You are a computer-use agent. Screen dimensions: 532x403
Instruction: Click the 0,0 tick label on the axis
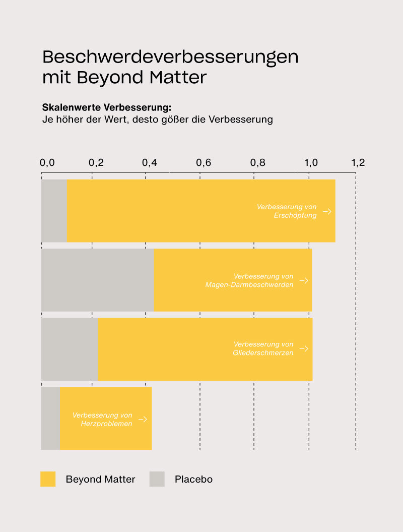[x=47, y=163]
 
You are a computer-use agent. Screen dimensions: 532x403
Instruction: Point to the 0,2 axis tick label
[x=96, y=163]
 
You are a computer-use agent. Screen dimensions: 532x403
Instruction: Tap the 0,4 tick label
[x=150, y=163]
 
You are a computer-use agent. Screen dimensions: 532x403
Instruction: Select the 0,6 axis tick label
[x=204, y=163]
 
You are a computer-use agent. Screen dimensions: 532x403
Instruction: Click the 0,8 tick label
[x=257, y=163]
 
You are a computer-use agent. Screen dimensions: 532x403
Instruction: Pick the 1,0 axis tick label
[x=311, y=163]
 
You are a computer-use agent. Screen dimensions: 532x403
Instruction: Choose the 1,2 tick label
[x=358, y=163]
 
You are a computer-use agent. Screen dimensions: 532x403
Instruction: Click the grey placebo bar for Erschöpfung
[x=54, y=211]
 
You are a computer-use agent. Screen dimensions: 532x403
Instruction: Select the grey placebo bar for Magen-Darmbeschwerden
[x=97, y=280]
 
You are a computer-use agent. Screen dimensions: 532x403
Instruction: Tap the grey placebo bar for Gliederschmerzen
[x=69, y=349]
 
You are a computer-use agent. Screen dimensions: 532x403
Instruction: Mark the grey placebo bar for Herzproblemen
[x=50, y=418]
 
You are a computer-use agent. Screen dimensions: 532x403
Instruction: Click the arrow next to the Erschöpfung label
[x=327, y=211]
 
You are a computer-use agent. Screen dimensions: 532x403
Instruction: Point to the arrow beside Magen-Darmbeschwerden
[x=304, y=280]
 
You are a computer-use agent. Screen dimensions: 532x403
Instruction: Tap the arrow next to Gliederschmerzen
[x=304, y=349]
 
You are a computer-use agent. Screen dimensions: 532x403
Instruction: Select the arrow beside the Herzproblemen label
[x=143, y=419]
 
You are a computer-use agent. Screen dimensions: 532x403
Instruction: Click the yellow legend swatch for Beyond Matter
[x=48, y=479]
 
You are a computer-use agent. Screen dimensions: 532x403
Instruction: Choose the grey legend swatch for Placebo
[x=157, y=479]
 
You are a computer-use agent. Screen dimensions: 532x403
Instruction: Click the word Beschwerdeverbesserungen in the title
[x=170, y=57]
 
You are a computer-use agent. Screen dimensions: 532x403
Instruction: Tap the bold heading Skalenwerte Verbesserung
[x=107, y=108]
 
